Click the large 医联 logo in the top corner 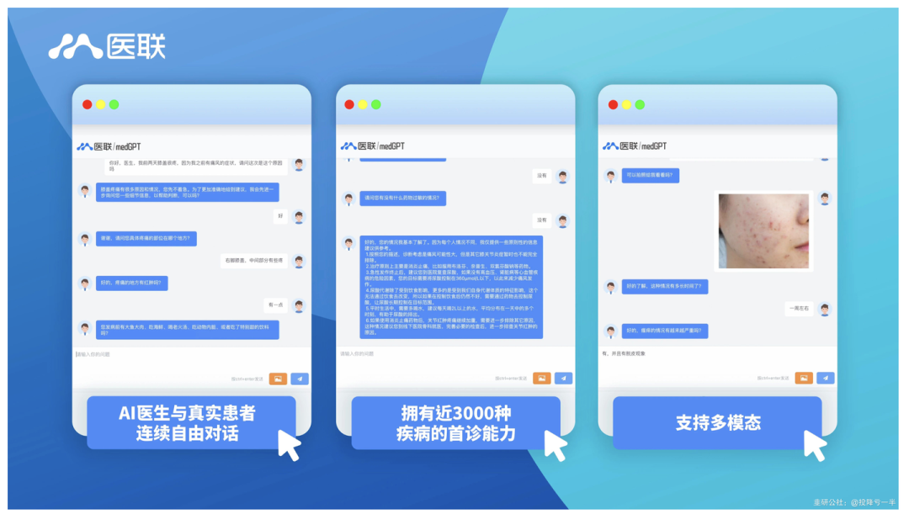[x=107, y=45]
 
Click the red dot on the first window [x=87, y=104]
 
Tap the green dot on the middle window [x=375, y=104]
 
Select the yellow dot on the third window [x=625, y=104]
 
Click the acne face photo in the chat [x=763, y=231]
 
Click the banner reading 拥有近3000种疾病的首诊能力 [x=455, y=423]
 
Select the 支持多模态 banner [x=717, y=422]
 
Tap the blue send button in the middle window [x=563, y=379]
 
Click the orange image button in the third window [x=804, y=379]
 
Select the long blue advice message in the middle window [x=452, y=287]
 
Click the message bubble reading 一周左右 [x=797, y=309]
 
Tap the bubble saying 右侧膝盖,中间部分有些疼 [x=254, y=260]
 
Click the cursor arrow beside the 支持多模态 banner [x=814, y=445]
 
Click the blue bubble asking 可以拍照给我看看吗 [x=651, y=176]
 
